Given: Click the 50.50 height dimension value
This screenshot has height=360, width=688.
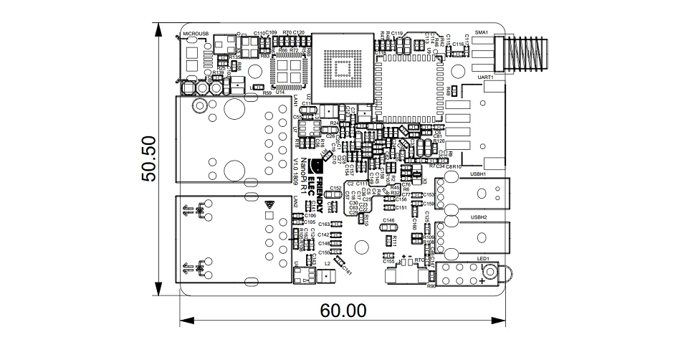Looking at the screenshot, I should coord(149,159).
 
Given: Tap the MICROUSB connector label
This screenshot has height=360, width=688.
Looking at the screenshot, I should coord(195,33).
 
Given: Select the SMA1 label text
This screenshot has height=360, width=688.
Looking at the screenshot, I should coord(481,33).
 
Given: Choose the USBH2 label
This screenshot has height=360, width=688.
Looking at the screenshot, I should coord(478,217).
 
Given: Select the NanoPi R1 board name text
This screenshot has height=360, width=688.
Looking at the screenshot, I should coord(304,176).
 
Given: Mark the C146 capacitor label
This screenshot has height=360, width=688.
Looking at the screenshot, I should coord(389,220).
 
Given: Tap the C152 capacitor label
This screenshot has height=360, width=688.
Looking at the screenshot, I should coord(336,188).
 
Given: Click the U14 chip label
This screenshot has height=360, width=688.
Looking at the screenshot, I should coord(279,92).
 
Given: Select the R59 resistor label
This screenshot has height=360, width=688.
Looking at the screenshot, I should coord(267,93).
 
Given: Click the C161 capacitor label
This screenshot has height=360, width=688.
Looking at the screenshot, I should coord(348,271).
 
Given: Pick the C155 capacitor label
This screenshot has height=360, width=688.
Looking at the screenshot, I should coord(389,261).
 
